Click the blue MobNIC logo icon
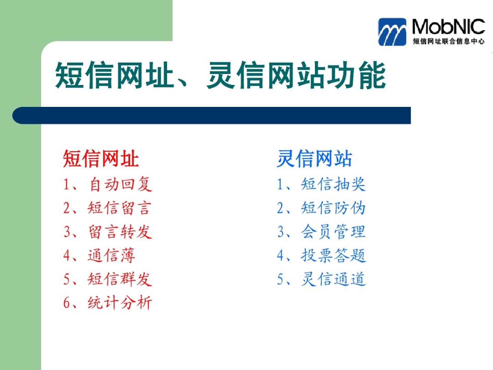(x=392, y=32)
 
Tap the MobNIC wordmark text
(x=448, y=27)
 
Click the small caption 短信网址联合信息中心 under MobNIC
(x=448, y=41)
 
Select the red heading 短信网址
(x=101, y=159)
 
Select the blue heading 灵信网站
(x=314, y=159)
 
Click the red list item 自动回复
(x=121, y=184)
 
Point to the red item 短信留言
(x=119, y=208)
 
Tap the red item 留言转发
(x=121, y=232)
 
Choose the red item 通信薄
(x=111, y=256)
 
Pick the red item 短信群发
(x=120, y=279)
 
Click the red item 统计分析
(x=120, y=303)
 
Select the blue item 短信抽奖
(x=333, y=184)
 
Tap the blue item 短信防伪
(x=333, y=208)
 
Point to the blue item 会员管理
(x=333, y=232)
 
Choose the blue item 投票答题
(x=333, y=256)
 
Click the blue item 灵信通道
(x=333, y=279)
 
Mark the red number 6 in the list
(x=67, y=303)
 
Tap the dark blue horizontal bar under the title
(x=212, y=115)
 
